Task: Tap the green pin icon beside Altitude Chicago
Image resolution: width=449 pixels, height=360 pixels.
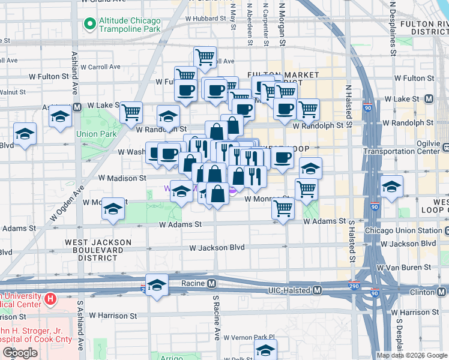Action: (x=90, y=24)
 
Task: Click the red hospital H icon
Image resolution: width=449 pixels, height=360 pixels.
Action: (x=50, y=298)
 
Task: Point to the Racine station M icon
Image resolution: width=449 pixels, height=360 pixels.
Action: (x=211, y=283)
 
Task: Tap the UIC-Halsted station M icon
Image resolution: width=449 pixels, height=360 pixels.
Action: (x=318, y=290)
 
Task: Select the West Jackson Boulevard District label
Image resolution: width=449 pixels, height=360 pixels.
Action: (x=98, y=250)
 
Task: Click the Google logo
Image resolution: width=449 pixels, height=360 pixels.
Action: (x=19, y=353)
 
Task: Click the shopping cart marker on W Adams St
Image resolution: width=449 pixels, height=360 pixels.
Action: (x=283, y=209)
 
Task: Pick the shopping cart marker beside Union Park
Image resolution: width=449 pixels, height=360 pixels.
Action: (x=131, y=112)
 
